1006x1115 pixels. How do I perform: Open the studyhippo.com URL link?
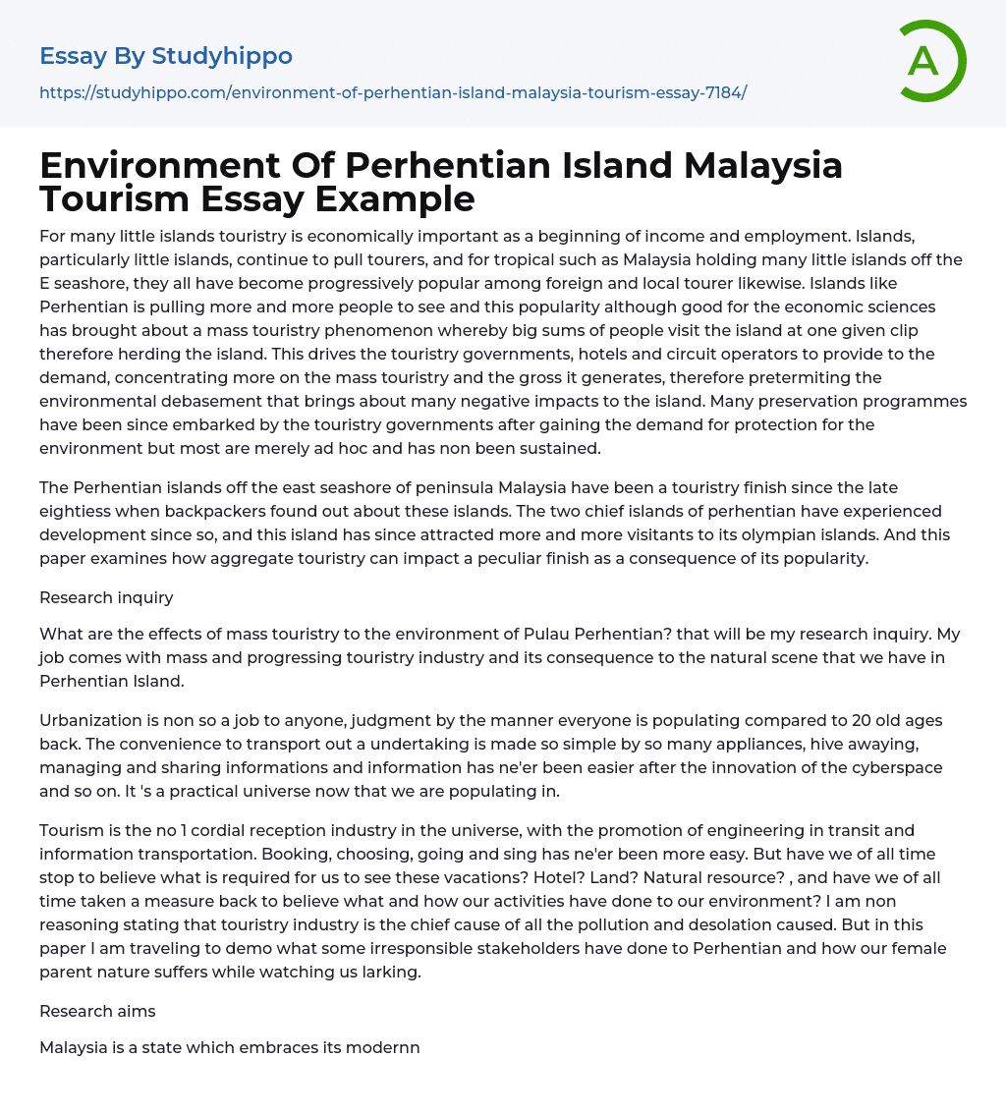(393, 92)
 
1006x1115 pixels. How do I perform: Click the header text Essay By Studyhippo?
(166, 56)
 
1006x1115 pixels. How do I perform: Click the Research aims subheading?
(97, 1011)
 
